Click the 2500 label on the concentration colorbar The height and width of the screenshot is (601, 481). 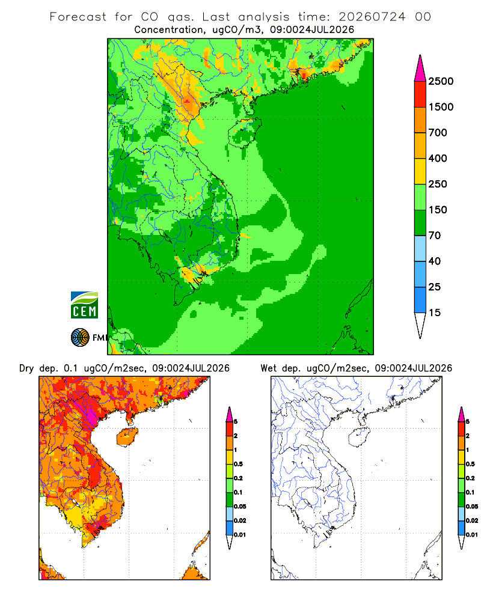[441, 81]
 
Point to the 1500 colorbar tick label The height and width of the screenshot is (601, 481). [441, 107]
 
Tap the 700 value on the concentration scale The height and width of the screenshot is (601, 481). [438, 133]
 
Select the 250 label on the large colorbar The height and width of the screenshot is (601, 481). [438, 184]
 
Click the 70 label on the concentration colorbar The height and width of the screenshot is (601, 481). [435, 236]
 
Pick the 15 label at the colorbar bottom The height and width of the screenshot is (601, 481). [435, 313]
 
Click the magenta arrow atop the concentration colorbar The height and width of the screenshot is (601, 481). [420, 69]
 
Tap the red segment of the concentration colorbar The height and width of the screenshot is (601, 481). [420, 94]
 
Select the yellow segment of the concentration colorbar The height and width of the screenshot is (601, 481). [420, 171]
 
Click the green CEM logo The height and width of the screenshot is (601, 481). [84, 305]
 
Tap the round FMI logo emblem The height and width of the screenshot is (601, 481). [80, 338]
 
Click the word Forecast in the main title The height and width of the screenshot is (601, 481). [78, 17]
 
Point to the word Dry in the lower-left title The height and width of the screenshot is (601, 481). [26, 368]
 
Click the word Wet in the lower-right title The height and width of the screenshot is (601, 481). [268, 368]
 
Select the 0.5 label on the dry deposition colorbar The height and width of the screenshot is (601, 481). [238, 464]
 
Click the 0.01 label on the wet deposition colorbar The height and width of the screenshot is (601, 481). [472, 535]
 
